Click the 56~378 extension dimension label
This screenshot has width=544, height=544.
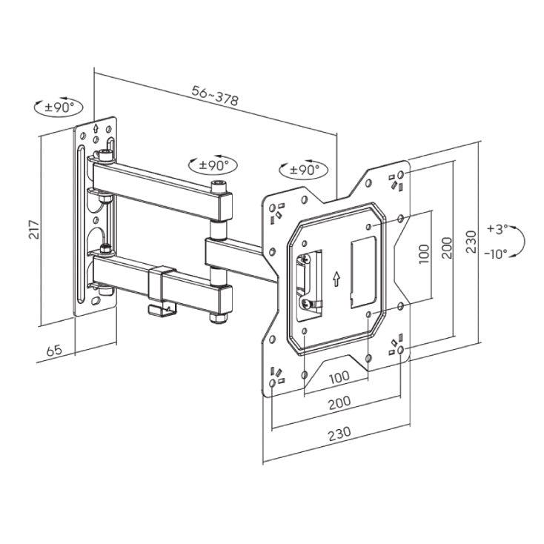click(215, 96)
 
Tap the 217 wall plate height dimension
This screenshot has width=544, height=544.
click(34, 229)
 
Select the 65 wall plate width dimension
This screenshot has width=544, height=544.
click(54, 350)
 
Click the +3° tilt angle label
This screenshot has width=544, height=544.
click(497, 229)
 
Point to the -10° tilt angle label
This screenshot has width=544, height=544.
click(497, 254)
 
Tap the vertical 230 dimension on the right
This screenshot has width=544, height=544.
click(471, 242)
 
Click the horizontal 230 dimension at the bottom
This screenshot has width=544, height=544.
click(339, 434)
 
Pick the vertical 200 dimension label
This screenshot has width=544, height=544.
click(447, 248)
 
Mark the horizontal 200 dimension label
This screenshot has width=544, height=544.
click(339, 402)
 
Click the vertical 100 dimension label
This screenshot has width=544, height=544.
click(424, 254)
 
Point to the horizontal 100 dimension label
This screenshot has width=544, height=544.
click(339, 377)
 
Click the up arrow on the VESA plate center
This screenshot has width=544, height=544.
click(336, 279)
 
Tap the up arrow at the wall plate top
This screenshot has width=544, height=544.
click(96, 128)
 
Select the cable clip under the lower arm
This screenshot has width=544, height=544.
click(162, 310)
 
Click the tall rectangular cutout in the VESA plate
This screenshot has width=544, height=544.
click(363, 272)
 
